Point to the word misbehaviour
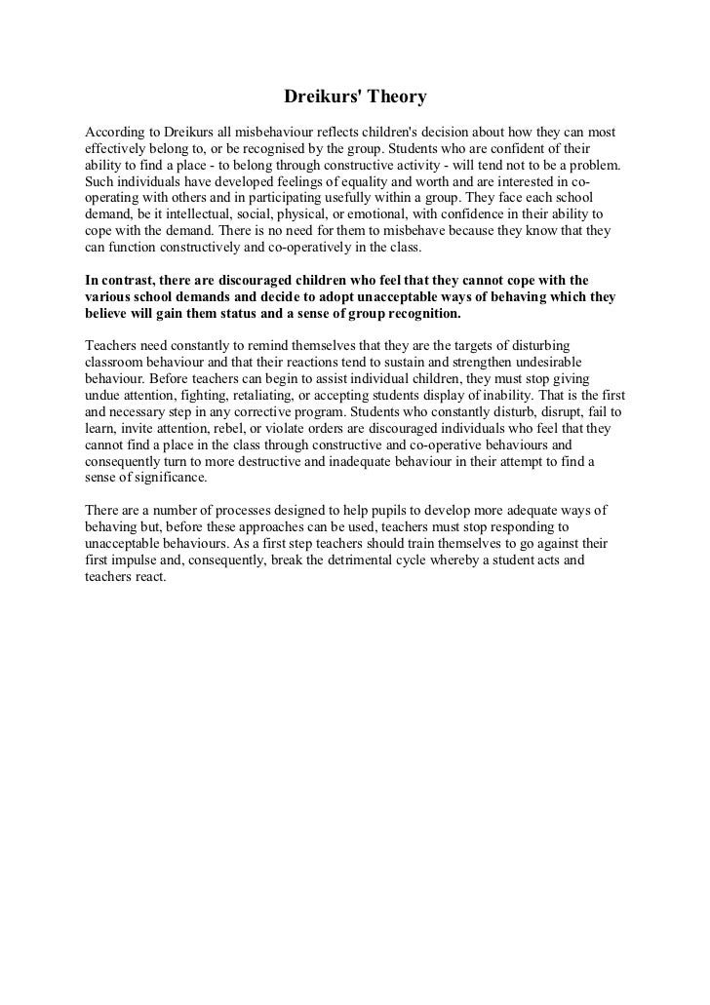[276, 131]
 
